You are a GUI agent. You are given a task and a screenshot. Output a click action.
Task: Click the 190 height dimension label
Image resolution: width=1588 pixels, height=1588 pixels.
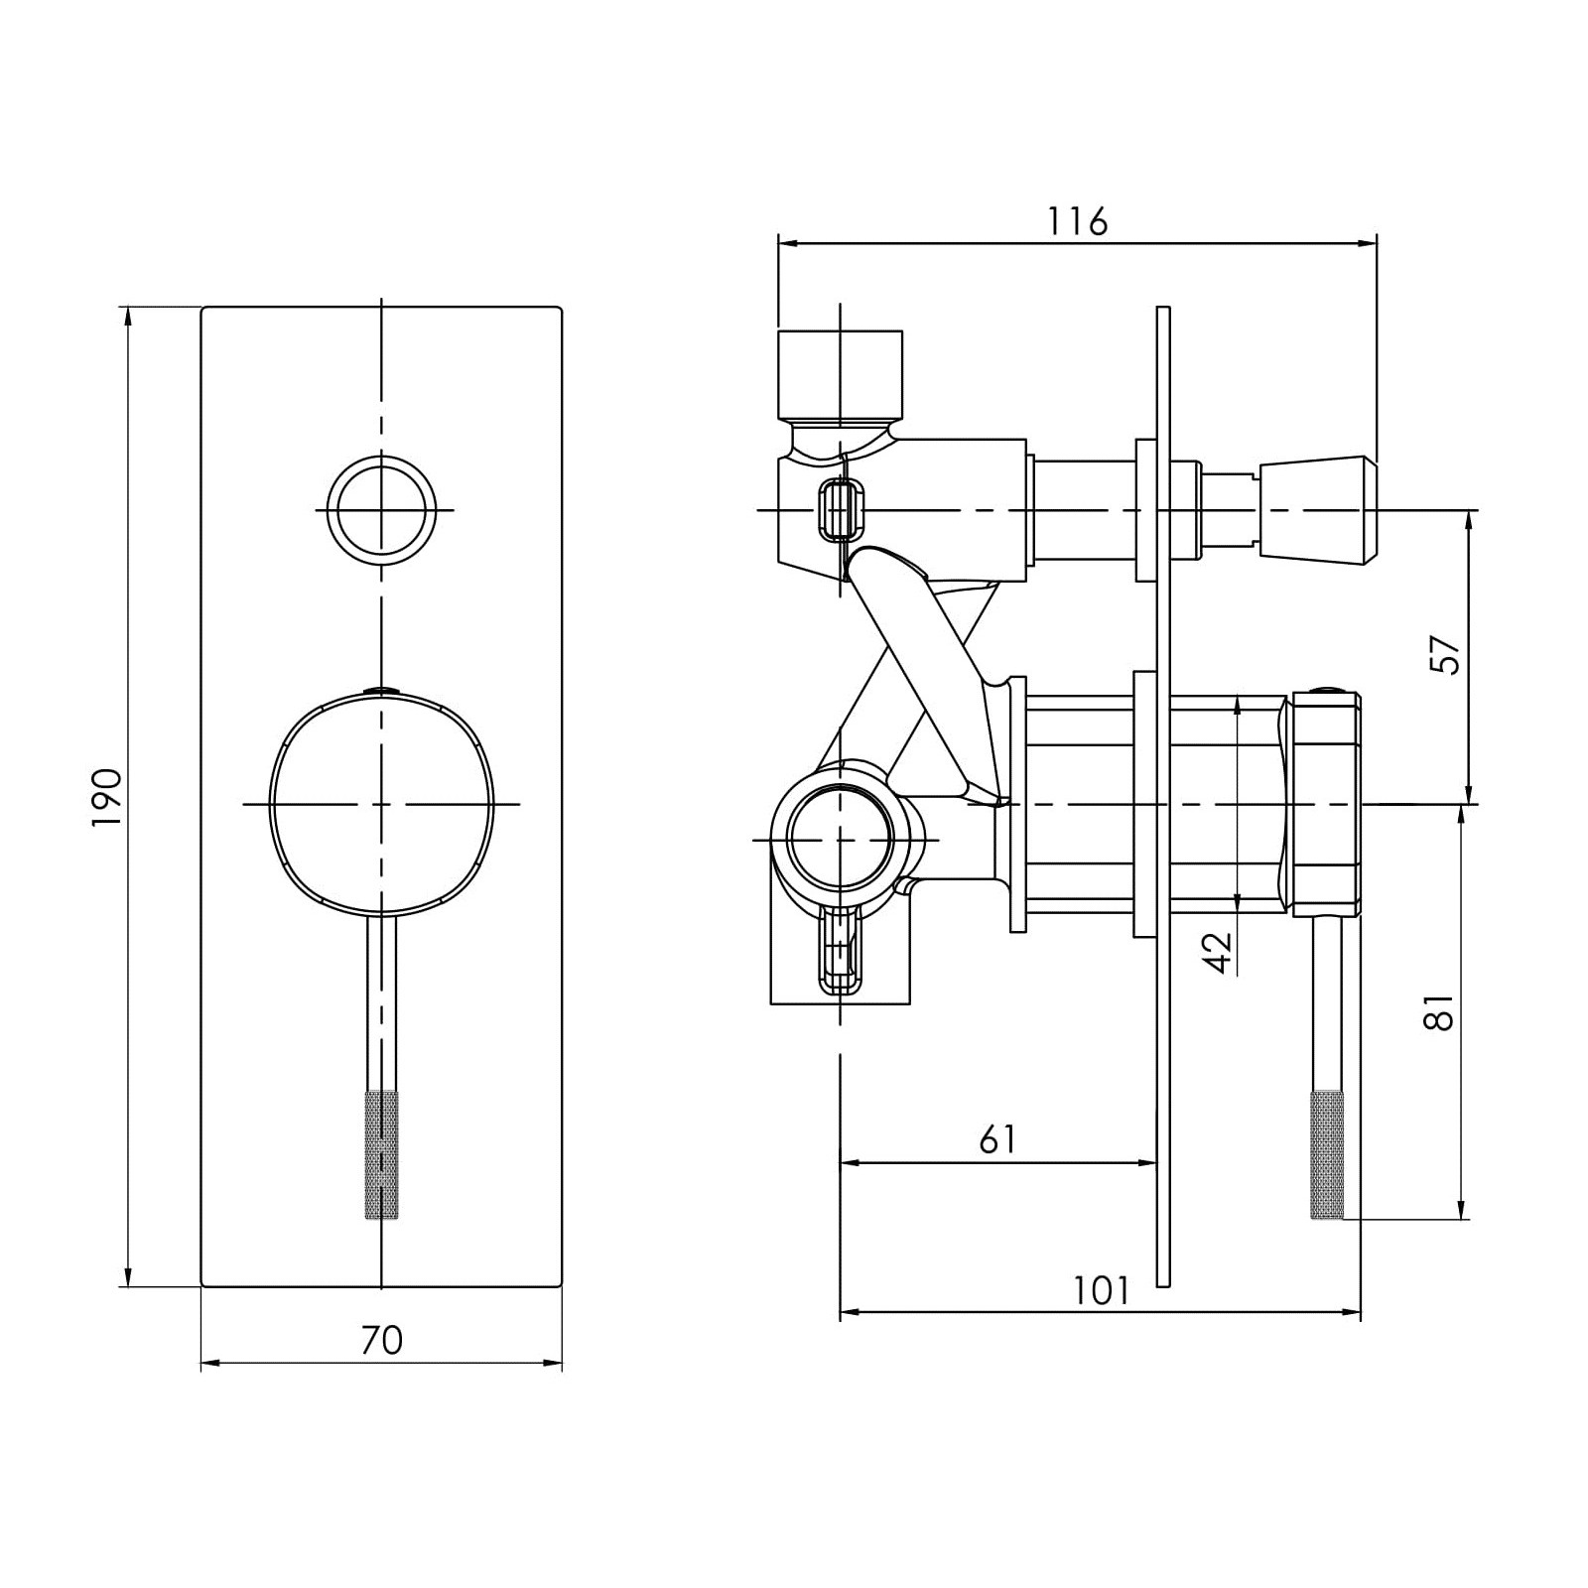107,797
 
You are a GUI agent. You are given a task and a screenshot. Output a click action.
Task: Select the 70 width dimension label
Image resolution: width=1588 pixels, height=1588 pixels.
382,1340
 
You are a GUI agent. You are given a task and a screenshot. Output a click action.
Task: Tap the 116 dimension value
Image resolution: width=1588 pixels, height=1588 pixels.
1078,221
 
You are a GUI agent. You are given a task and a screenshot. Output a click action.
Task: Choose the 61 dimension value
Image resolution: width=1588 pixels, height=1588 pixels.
997,1139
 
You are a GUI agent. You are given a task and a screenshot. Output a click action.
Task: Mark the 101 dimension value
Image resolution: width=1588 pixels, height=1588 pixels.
1102,1290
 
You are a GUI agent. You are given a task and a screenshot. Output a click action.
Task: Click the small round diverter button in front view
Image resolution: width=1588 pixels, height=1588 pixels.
382,510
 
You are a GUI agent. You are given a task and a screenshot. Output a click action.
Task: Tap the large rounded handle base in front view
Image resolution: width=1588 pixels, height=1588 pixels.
382,804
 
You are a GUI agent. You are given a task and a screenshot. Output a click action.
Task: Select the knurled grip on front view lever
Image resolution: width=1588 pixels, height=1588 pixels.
382,1154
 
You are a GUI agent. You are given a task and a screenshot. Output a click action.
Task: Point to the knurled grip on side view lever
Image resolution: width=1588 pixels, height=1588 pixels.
1328,1154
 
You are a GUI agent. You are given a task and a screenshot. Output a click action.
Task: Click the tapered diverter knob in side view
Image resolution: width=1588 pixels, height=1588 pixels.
1318,510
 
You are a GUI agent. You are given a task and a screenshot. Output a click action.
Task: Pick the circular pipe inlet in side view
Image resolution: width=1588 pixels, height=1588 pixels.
840,840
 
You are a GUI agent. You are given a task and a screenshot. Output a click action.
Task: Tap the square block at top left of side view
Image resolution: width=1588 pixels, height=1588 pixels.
840,375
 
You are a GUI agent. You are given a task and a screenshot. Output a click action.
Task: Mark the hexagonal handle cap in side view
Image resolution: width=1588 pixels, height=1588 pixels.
1324,804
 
